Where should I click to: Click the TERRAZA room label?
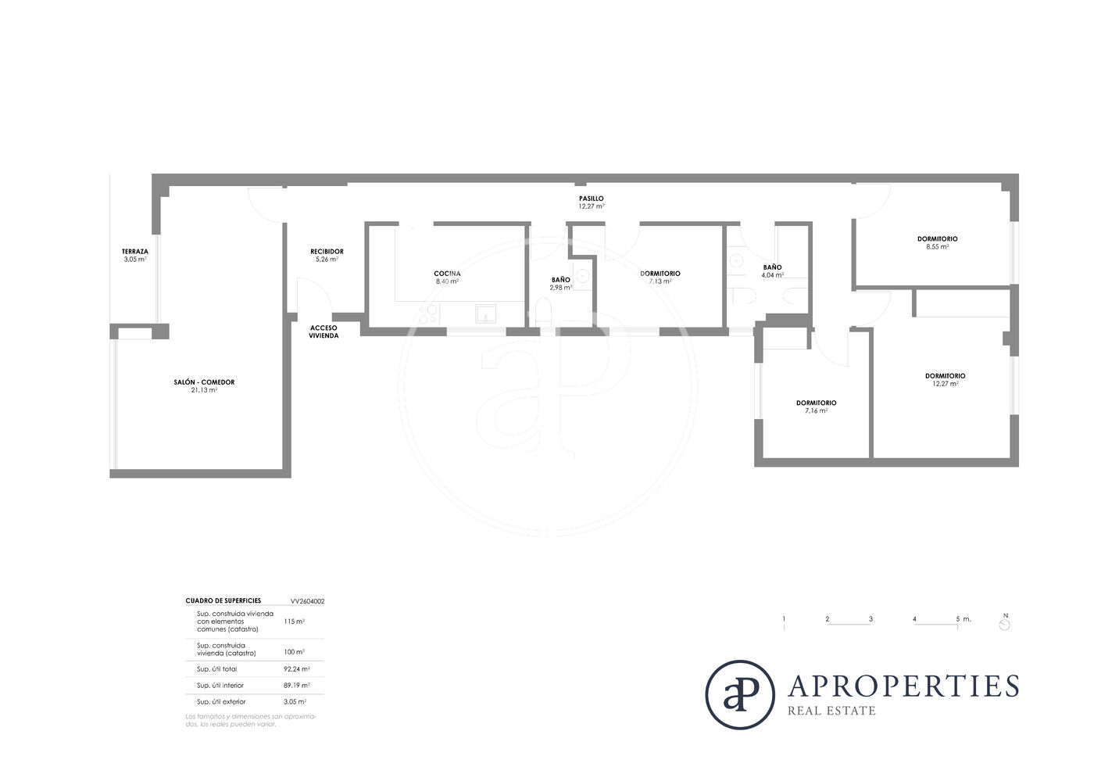click(134, 252)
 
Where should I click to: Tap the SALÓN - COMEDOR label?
click(204, 382)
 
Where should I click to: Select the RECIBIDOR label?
click(327, 252)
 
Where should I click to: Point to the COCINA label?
click(447, 274)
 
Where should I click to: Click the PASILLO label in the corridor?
click(591, 199)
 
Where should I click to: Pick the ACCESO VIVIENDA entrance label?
click(324, 331)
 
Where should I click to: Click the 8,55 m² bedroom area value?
click(937, 247)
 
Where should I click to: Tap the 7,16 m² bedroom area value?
click(816, 411)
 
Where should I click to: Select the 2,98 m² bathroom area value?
click(561, 288)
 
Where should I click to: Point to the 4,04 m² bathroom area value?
click(772, 275)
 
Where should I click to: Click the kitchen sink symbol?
click(485, 314)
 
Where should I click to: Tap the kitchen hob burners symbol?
click(428, 314)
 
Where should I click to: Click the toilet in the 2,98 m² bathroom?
click(544, 312)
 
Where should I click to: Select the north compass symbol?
click(1005, 625)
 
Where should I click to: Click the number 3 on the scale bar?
click(871, 618)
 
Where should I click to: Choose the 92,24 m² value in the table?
click(296, 669)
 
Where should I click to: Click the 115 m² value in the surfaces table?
click(294, 622)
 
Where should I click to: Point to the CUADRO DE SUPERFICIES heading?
click(223, 600)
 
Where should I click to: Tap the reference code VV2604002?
click(307, 601)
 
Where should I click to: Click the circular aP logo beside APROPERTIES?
click(740, 694)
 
